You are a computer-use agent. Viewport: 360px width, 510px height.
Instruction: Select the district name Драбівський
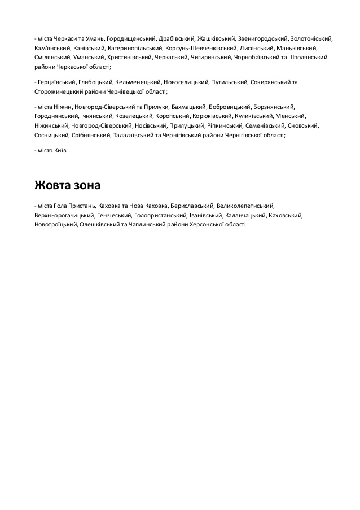tap(177, 38)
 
